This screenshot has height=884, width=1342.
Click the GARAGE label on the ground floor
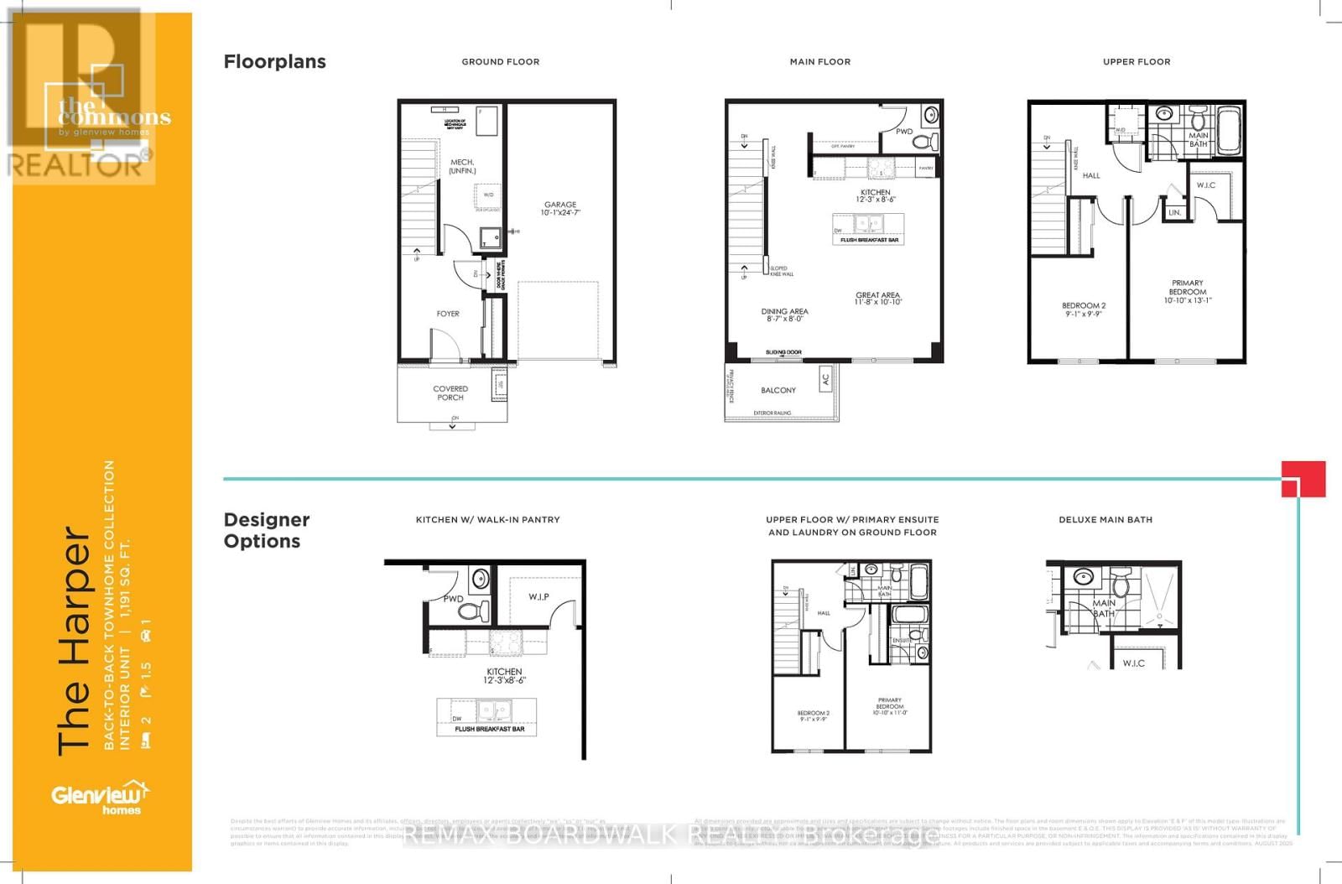click(x=560, y=208)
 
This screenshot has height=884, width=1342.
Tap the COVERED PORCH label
click(x=450, y=393)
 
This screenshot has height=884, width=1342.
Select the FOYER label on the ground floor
click(x=448, y=314)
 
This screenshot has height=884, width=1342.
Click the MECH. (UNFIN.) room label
click(x=462, y=166)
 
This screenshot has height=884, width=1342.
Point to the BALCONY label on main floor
click(x=778, y=390)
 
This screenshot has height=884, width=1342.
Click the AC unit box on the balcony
click(x=825, y=378)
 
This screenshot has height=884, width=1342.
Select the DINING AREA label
click(x=784, y=315)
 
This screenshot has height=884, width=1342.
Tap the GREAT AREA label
click(x=877, y=299)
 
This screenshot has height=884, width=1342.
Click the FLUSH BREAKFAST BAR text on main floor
click(x=869, y=240)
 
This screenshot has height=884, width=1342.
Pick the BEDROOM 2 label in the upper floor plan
click(x=1084, y=309)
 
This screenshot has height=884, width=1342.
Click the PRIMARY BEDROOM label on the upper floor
click(x=1188, y=291)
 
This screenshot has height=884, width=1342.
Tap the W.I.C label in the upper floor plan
click(x=1206, y=185)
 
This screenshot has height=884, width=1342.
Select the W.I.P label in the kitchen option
click(x=538, y=597)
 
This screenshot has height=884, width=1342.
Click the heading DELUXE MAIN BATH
click(x=1105, y=520)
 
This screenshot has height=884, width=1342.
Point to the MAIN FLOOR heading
click(x=819, y=62)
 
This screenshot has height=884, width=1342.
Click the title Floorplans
click(x=274, y=61)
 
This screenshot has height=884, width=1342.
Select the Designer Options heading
click(x=267, y=530)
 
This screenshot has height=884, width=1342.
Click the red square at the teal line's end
click(x=1303, y=479)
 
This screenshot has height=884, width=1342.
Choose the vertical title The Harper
click(x=74, y=642)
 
